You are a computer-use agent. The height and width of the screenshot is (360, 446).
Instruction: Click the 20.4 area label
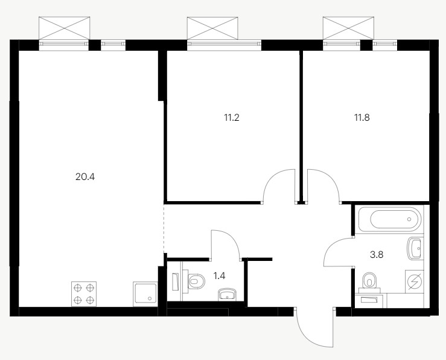click(x=85, y=177)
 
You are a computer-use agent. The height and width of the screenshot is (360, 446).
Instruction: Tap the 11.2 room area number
click(x=232, y=117)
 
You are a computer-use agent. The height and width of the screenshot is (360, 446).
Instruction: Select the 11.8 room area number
click(x=362, y=117)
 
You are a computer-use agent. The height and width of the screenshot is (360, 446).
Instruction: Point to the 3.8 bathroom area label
click(x=377, y=254)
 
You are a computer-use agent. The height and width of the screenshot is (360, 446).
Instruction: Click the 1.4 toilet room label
click(x=219, y=275)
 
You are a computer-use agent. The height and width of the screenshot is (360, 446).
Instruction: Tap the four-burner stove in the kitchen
click(x=84, y=294)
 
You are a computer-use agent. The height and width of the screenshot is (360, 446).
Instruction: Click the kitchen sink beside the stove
click(x=145, y=294)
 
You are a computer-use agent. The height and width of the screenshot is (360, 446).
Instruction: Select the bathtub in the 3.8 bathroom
click(x=389, y=219)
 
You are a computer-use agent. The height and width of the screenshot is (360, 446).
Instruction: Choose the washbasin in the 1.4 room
click(x=227, y=294)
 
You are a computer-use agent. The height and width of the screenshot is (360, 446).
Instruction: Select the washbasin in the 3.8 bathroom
click(x=416, y=248)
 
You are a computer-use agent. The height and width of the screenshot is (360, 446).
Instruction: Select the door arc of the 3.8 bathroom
click(x=330, y=248)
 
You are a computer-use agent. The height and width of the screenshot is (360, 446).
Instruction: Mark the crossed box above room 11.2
click(x=212, y=28)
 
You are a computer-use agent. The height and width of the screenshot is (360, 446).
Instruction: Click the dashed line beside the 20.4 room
click(x=164, y=228)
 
